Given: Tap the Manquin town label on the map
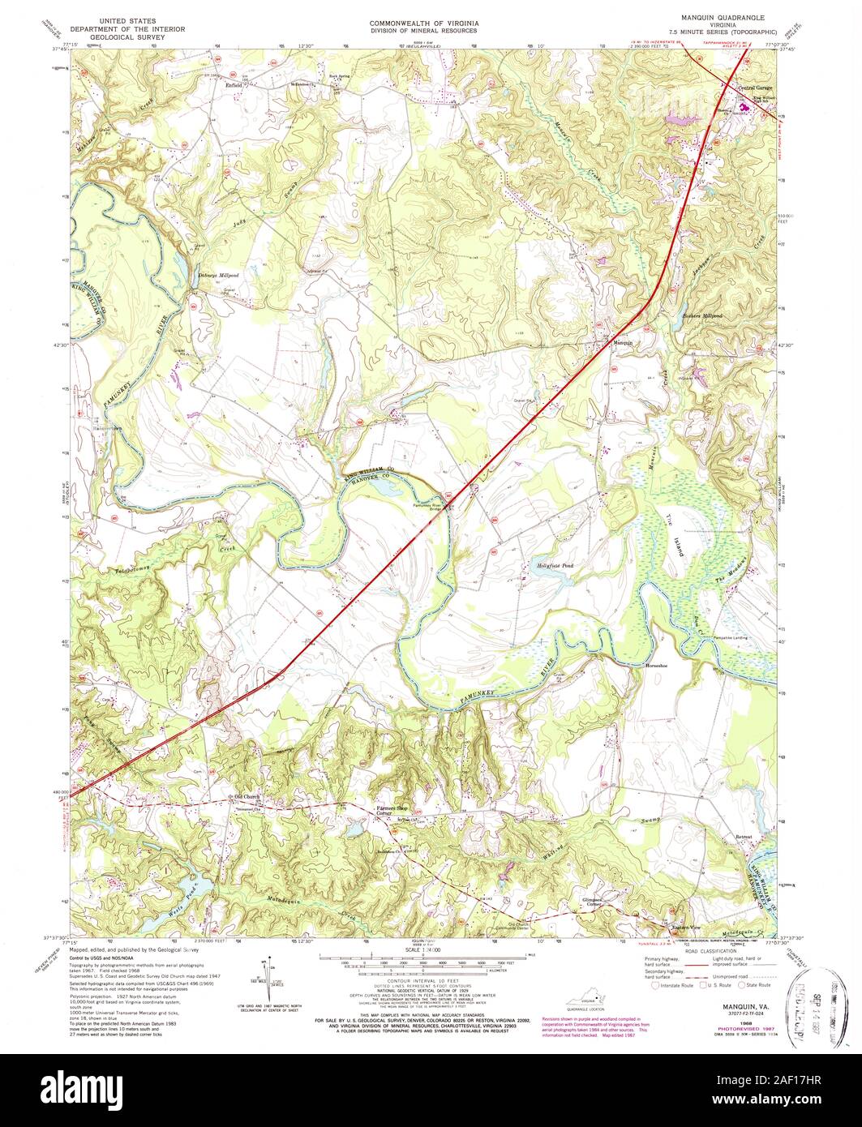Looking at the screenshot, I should coord(623,344).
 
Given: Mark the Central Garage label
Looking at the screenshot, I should coord(754,87).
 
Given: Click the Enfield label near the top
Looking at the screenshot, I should coord(234,84).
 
